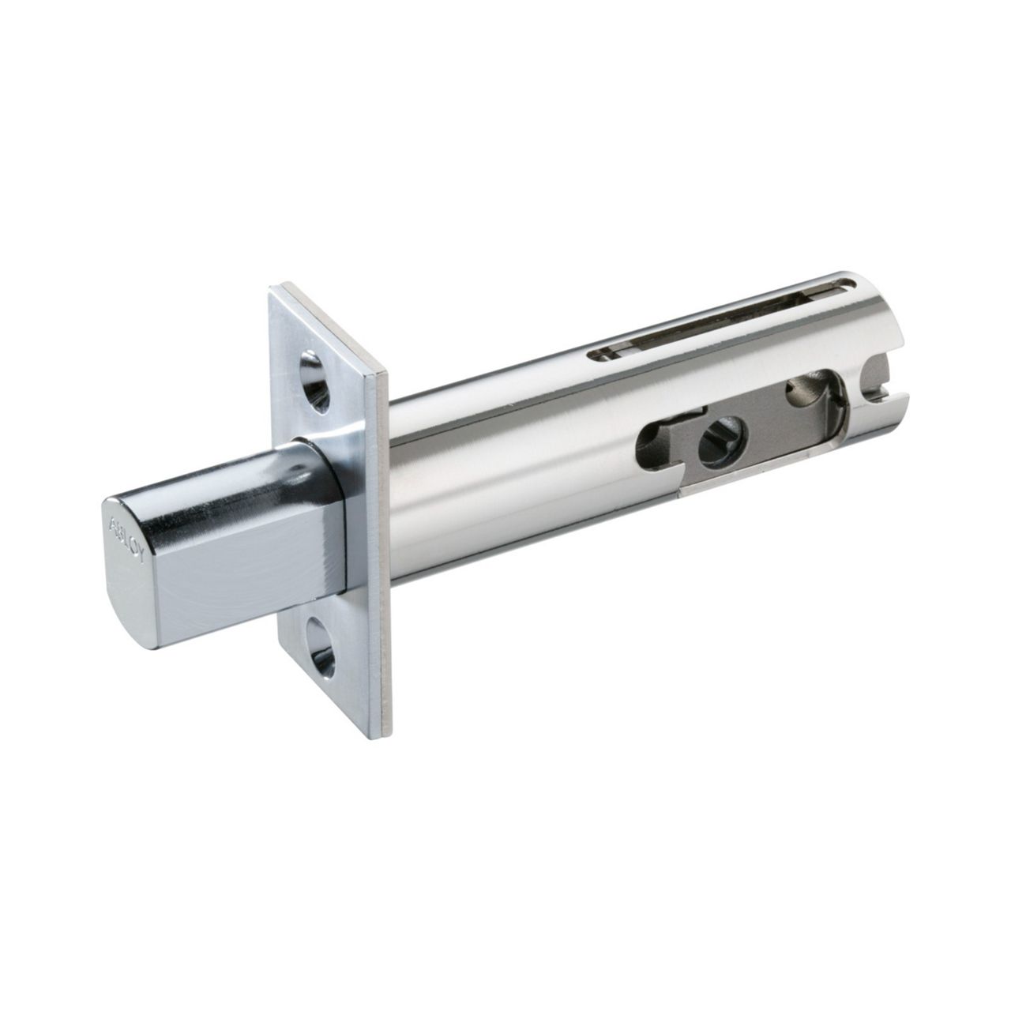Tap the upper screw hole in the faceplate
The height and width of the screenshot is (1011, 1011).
315,381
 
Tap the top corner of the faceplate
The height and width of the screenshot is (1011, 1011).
275,289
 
